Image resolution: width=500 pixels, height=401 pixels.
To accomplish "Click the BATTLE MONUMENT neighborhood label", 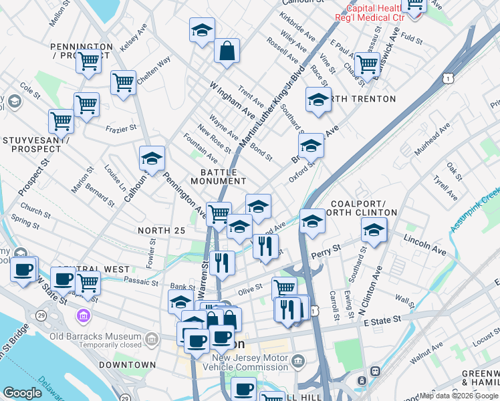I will pos(219,176).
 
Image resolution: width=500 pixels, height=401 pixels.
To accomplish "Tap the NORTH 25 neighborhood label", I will pos(161,231).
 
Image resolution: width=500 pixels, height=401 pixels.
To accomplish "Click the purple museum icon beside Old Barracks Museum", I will pos(84,315).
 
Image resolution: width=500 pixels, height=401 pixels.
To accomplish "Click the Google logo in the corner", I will pos(23,392).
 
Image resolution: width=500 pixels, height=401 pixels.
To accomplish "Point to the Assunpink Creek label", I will pos(475,209).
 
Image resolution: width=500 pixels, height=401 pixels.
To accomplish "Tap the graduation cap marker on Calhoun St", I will pos(152,159).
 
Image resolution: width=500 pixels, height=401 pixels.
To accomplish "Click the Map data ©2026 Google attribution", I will pos(459,396).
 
